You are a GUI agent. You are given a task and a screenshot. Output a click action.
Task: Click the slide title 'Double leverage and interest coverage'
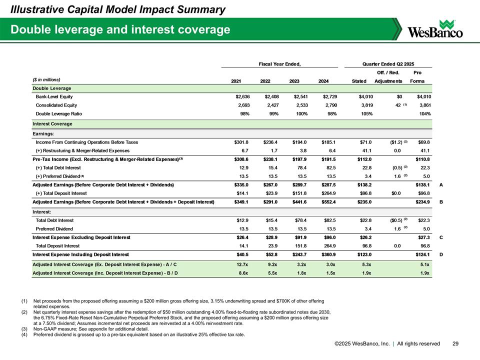pyautogui.click(x=120, y=30)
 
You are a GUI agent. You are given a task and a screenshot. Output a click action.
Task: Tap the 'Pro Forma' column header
pyautogui.click(x=417, y=77)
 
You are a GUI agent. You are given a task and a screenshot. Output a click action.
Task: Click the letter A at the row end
pyautogui.click(x=440, y=184)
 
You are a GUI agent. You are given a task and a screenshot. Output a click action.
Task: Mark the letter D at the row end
pyautogui.click(x=440, y=254)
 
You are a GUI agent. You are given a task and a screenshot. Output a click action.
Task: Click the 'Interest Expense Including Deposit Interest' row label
pyautogui.click(x=80, y=254)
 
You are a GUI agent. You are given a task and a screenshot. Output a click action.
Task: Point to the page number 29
pyautogui.click(x=455, y=343)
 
